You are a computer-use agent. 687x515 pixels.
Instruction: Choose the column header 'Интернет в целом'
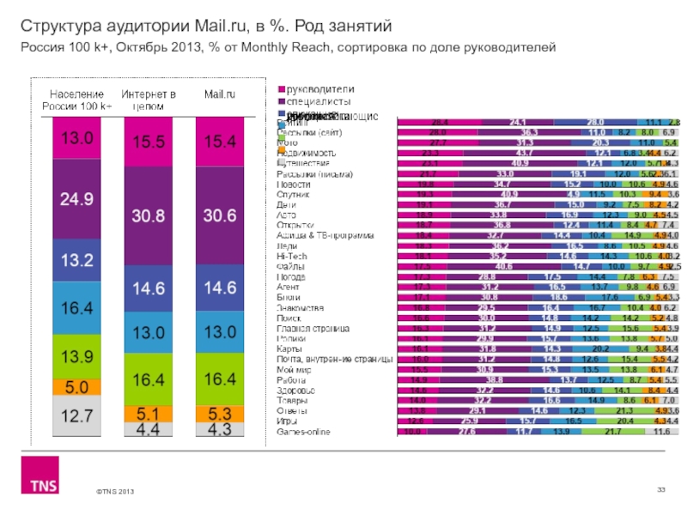tap(149, 99)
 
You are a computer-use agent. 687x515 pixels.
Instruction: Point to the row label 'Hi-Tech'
tap(290, 256)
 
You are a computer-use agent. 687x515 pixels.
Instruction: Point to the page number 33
tap(661, 488)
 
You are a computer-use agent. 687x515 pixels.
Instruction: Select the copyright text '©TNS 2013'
tap(115, 491)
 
